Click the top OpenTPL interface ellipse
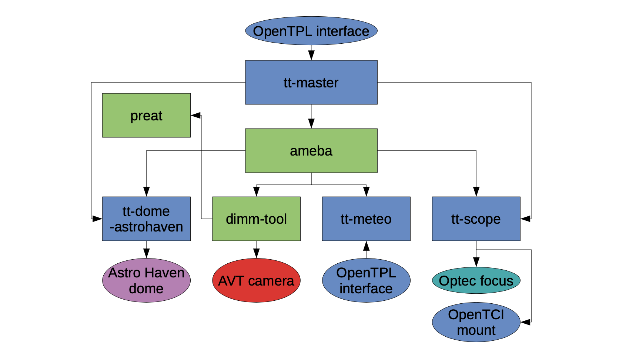tap(311, 31)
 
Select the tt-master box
tap(311, 82)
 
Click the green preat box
tap(146, 115)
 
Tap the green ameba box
tap(311, 150)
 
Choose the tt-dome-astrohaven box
tap(146, 219)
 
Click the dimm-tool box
tap(256, 219)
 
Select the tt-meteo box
tap(366, 219)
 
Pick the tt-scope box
tap(476, 219)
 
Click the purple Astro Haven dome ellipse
tap(146, 280)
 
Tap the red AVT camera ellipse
tap(256, 280)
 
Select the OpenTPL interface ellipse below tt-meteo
tap(366, 280)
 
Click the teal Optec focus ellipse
tap(476, 280)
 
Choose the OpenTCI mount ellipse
tap(476, 322)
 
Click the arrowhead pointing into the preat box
tap(195, 115)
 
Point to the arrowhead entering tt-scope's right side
tap(525, 219)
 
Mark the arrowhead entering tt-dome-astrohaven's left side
tap(97, 219)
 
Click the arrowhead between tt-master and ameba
tap(311, 123)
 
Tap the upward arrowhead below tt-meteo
tap(366, 246)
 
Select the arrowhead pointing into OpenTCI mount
tap(525, 322)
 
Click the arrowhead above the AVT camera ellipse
tap(256, 253)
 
